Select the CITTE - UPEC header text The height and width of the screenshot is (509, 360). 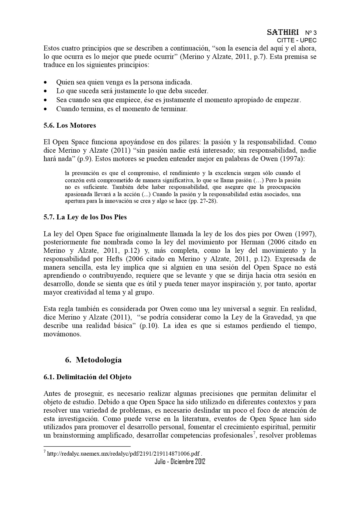click(297, 41)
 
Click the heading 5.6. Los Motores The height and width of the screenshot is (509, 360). click(70, 125)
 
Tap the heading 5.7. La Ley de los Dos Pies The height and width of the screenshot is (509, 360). click(85, 217)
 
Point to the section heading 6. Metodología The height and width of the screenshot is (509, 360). click(93, 360)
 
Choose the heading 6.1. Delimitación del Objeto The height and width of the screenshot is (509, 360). click(87, 377)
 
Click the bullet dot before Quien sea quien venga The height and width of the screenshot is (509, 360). click(45, 82)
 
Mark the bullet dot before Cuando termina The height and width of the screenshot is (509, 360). click(45, 109)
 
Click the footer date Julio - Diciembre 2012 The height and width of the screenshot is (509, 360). click(180, 462)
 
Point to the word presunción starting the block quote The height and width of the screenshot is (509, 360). click(83, 173)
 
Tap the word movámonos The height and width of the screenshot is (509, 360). click(62, 334)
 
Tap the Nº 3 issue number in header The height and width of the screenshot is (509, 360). click(311, 33)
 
